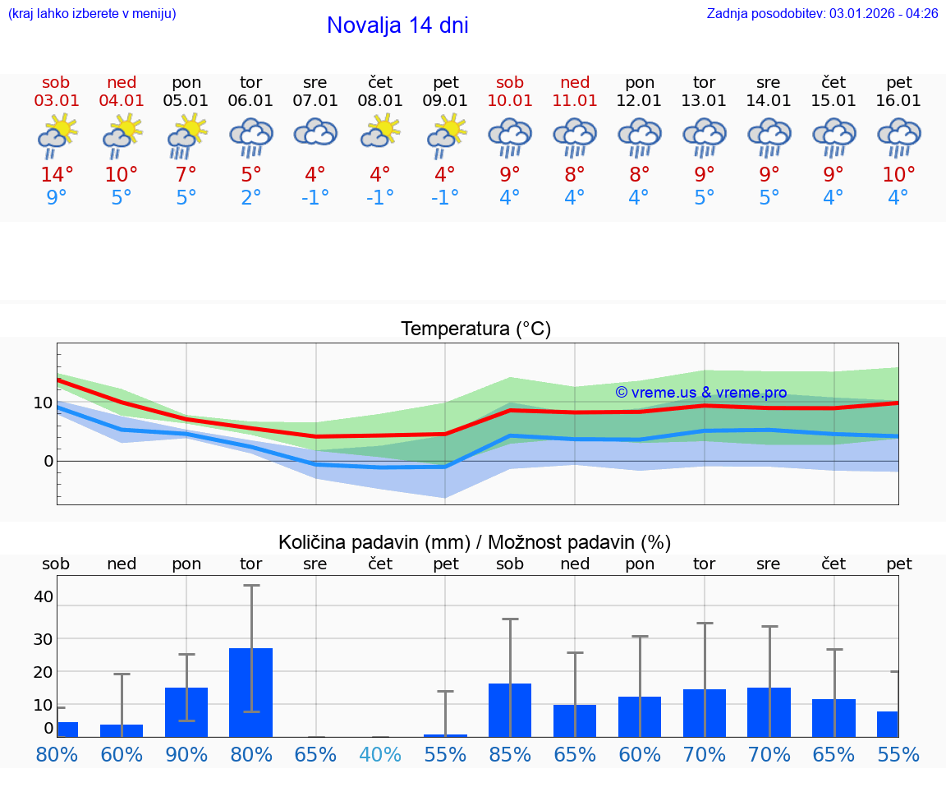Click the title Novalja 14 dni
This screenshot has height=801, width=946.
(397, 25)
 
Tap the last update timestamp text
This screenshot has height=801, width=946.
(822, 13)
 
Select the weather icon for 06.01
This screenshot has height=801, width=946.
(251, 137)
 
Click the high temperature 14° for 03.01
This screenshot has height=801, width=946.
(57, 174)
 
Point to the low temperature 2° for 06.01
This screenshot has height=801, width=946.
(251, 197)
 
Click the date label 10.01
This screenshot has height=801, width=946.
(510, 101)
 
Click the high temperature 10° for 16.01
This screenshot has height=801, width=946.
(899, 174)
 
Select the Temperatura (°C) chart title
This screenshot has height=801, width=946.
(475, 329)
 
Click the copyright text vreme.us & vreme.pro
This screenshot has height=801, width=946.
(701, 393)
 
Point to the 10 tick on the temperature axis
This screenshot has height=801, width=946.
(43, 403)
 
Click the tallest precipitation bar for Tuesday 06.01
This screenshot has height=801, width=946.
(251, 692)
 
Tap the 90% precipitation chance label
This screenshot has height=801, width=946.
(186, 754)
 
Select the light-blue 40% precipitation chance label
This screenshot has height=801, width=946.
(380, 754)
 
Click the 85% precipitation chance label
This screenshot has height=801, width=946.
(510, 754)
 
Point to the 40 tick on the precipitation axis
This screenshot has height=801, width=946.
(43, 596)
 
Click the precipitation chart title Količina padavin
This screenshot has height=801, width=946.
(475, 542)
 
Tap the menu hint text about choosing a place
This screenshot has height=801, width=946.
(92, 13)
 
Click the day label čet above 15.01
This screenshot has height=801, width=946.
(834, 82)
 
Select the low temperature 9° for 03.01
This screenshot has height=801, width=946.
(57, 197)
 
